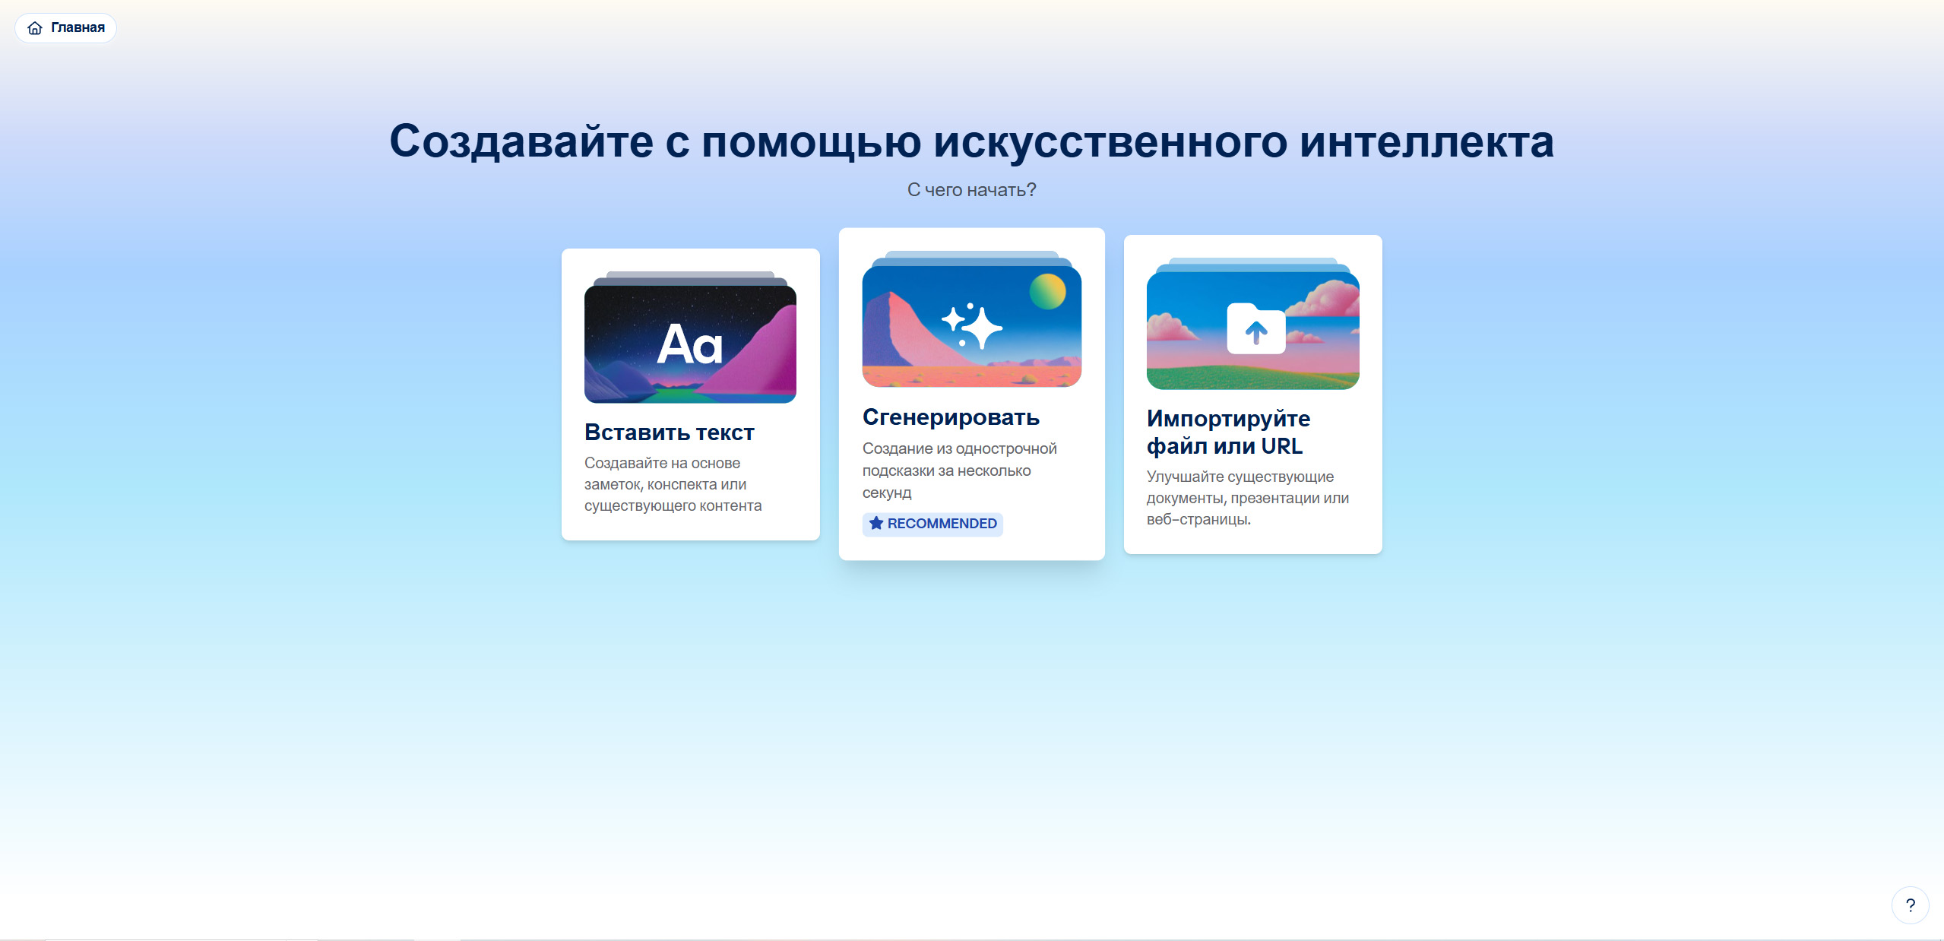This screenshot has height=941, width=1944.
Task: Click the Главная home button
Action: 65,28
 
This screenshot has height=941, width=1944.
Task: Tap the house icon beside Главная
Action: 35,28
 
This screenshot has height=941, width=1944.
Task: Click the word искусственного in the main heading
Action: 1110,141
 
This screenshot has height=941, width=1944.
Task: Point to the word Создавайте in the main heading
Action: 521,143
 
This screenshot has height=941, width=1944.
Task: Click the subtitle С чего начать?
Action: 971,190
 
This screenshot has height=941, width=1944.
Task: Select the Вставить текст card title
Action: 670,432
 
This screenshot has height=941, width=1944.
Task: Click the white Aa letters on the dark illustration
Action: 689,344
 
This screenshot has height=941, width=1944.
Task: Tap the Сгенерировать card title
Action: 951,417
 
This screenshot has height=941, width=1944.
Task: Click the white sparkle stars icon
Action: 972,325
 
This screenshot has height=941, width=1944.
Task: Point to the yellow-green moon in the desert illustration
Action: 1048,291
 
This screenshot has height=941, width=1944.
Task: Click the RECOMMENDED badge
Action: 932,524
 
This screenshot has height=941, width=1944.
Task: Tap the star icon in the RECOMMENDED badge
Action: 876,523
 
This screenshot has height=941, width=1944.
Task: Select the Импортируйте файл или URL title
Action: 1228,432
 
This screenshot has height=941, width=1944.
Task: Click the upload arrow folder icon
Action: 1256,328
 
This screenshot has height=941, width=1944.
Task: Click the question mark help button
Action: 1910,905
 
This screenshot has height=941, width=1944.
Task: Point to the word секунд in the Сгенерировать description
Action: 887,493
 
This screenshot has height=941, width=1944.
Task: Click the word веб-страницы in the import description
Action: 1198,519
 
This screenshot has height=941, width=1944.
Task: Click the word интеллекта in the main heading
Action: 1426,141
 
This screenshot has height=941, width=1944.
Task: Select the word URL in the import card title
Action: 1282,446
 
